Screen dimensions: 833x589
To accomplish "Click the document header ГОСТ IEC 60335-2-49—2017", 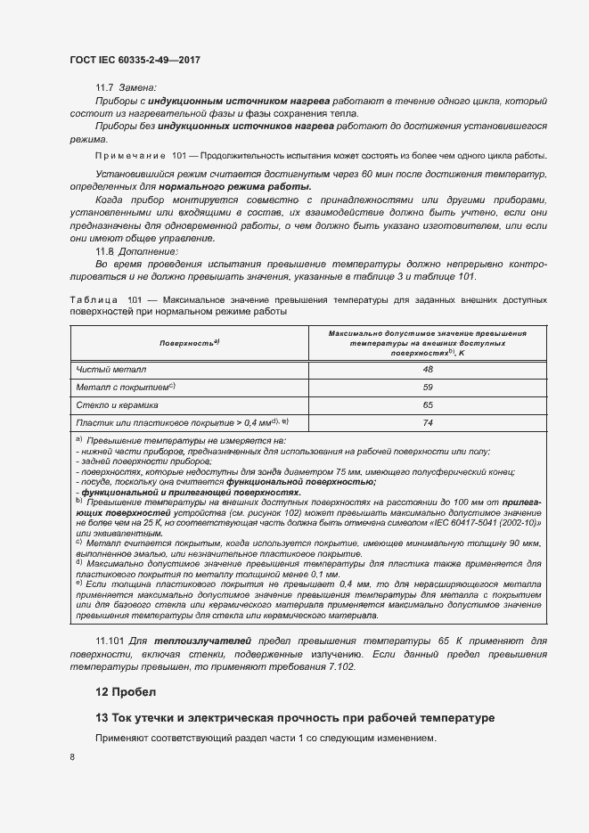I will [135, 60].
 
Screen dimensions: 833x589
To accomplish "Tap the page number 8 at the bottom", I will [72, 756].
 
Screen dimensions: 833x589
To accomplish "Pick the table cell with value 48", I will [428, 369].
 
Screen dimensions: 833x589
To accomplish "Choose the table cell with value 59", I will [428, 387].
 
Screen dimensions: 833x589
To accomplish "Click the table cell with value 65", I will [428, 404].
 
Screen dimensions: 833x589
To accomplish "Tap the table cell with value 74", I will [428, 423].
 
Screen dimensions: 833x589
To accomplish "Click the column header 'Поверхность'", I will [189, 343].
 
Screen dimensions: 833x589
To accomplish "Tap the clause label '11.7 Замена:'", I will [126, 87].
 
